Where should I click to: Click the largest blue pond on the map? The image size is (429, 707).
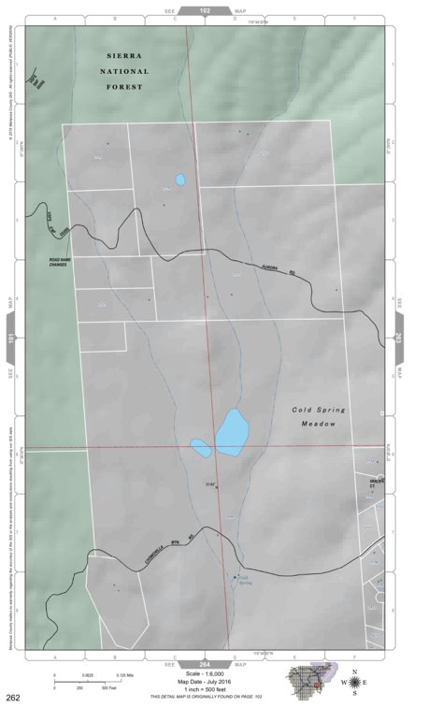coord(232,431)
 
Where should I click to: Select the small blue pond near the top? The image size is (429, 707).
coord(179,180)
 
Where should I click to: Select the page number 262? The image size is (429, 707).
coord(13,697)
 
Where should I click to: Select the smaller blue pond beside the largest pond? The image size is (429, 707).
coord(201,448)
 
